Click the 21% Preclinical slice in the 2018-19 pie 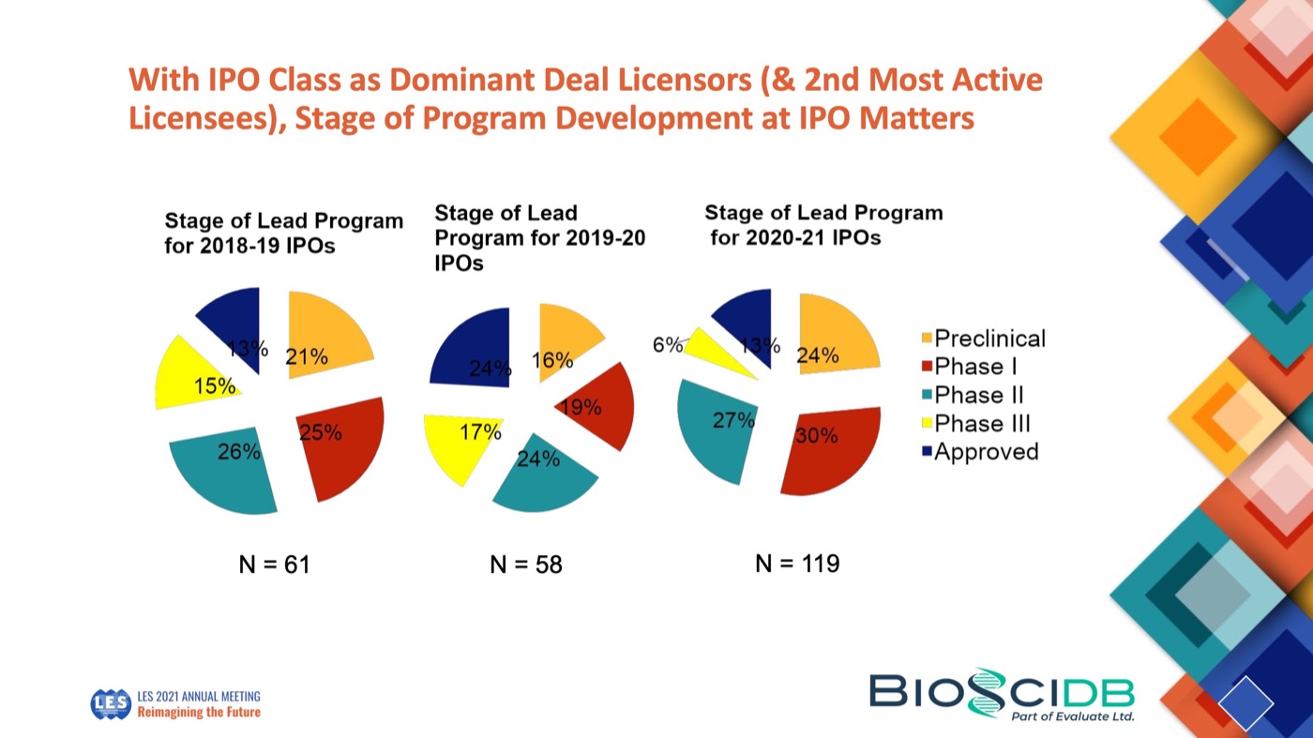324,338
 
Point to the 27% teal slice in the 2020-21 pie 717,427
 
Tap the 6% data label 667,344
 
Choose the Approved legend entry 985,452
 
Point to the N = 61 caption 274,564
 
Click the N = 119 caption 796,563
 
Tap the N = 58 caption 525,564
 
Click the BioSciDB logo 1002,695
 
